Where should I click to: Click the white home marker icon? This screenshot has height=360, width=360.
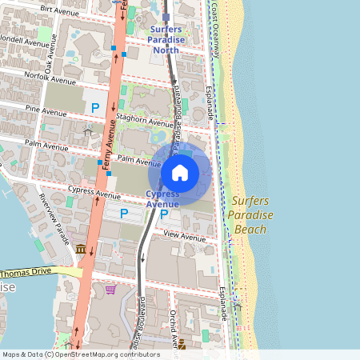coord(180,172)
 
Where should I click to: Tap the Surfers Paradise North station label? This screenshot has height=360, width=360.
coord(166,39)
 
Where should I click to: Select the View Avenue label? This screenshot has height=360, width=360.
coord(184,237)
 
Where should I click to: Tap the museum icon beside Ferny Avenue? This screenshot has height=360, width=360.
coord(81,250)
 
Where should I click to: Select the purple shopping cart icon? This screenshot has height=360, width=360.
coord(110,289)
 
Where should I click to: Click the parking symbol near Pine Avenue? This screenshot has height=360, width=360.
coord(95,107)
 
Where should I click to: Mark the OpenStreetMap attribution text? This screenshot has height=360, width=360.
coord(70,354)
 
